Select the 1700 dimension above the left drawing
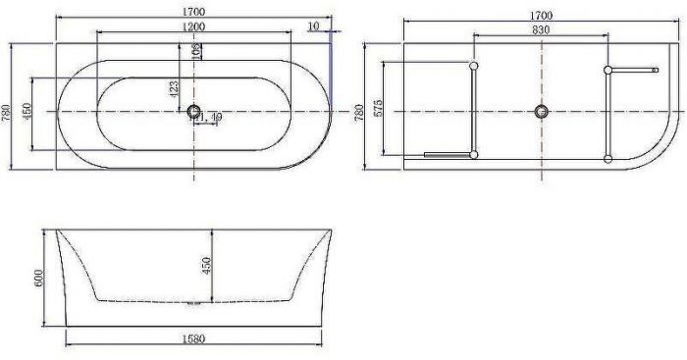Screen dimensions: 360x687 (194, 12)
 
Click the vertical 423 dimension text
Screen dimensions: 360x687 (174, 91)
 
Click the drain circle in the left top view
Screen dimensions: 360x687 (193, 112)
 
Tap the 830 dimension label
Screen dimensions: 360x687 (540, 29)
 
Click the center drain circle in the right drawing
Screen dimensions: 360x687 (540, 111)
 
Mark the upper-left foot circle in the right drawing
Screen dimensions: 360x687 (474, 67)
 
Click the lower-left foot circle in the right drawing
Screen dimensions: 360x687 (474, 154)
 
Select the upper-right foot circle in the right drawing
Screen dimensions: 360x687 (608, 70)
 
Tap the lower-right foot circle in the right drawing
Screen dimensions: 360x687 (608, 156)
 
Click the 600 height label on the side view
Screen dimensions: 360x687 (37, 278)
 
